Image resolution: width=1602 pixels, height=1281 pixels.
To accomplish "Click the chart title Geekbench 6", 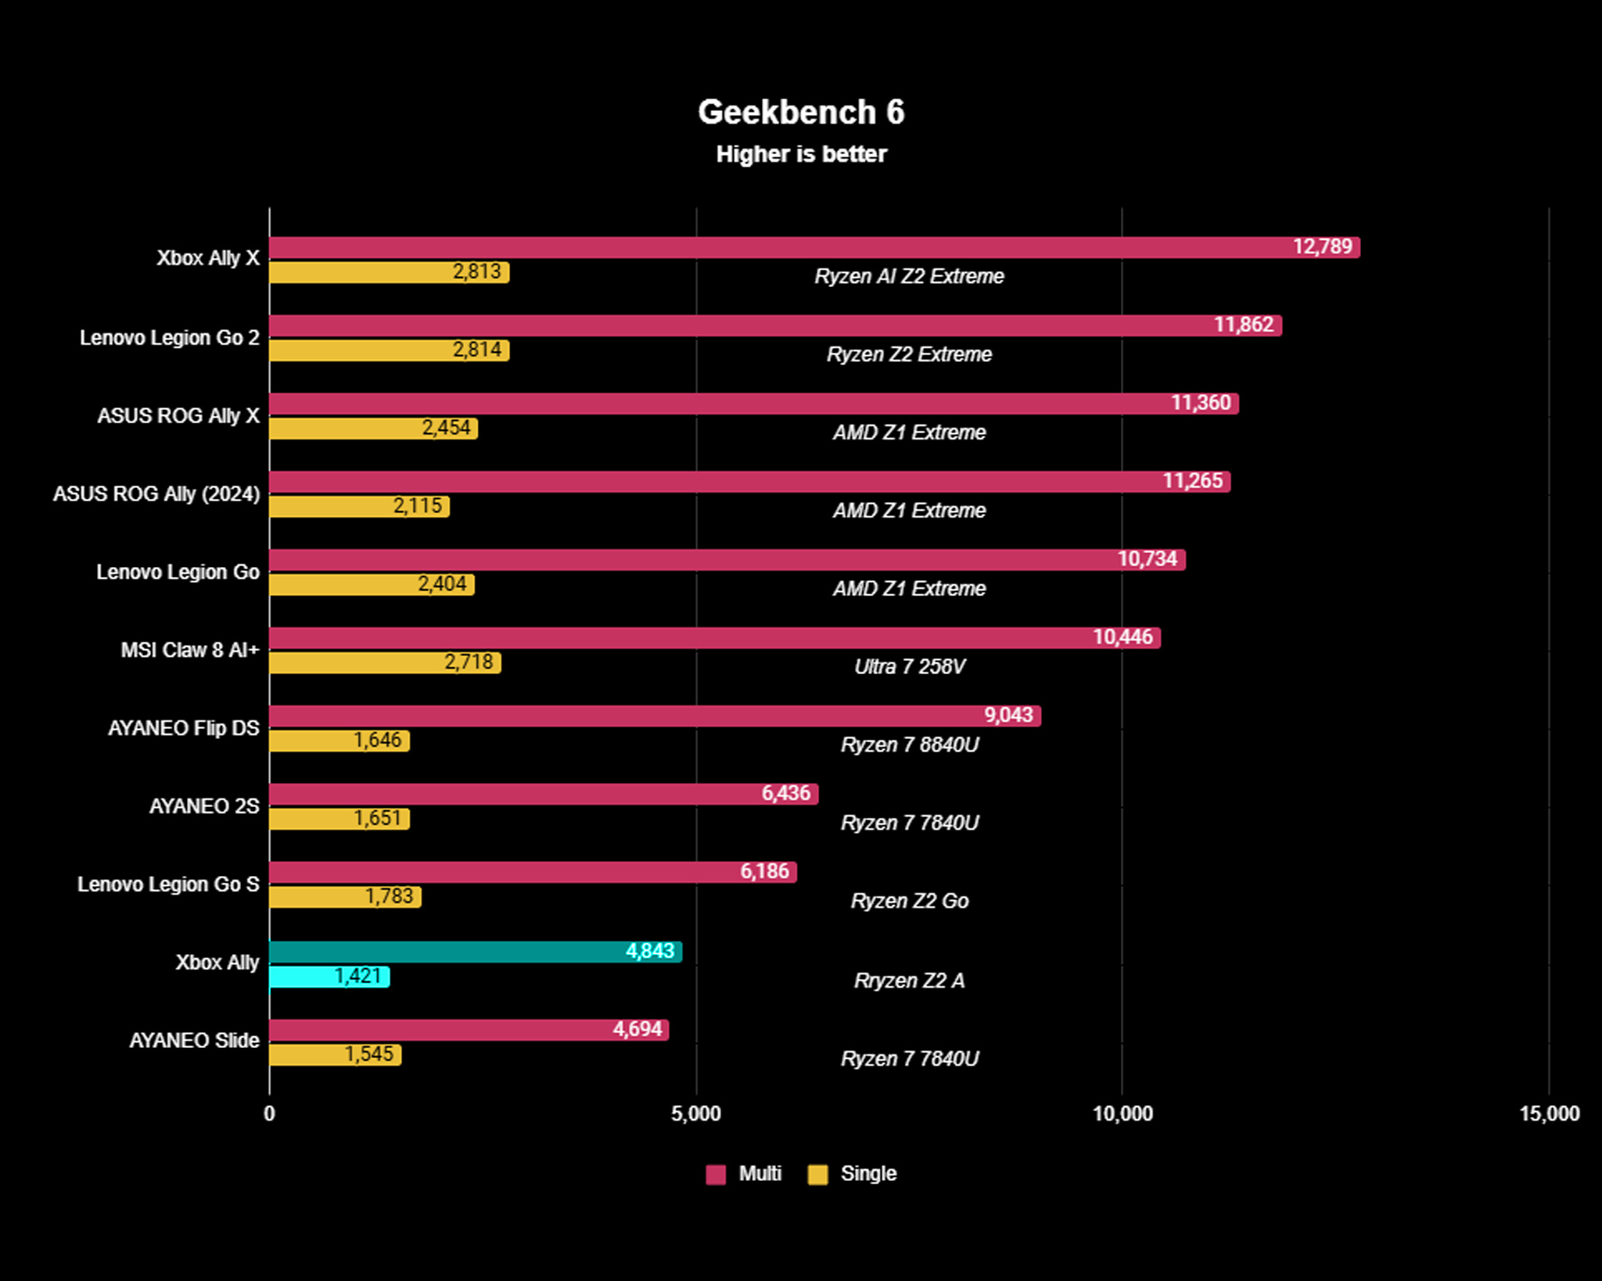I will (801, 112).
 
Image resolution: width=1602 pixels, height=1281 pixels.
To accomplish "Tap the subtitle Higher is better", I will (801, 154).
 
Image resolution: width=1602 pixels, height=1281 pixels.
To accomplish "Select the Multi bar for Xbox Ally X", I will (782, 247).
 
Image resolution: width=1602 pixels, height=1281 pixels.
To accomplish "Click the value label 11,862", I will (1243, 325).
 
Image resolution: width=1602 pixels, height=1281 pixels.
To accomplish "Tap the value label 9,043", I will (1008, 715).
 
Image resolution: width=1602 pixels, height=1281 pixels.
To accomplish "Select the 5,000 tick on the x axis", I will (695, 1114).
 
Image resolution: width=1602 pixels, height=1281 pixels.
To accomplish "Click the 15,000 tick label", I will (1549, 1114).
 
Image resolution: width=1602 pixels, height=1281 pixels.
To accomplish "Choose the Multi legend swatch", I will (715, 1174).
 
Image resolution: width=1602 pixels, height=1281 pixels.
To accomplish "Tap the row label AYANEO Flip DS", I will (183, 728).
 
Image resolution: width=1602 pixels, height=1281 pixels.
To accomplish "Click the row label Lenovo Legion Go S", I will (168, 884).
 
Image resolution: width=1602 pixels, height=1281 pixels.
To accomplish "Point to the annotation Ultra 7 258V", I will (909, 666).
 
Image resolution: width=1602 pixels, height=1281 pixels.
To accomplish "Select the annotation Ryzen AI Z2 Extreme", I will (909, 276).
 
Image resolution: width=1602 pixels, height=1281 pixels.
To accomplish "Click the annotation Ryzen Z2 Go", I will (909, 901).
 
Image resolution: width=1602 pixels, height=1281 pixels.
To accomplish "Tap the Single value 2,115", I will (417, 506).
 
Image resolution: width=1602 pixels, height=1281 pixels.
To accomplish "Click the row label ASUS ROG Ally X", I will (178, 416).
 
